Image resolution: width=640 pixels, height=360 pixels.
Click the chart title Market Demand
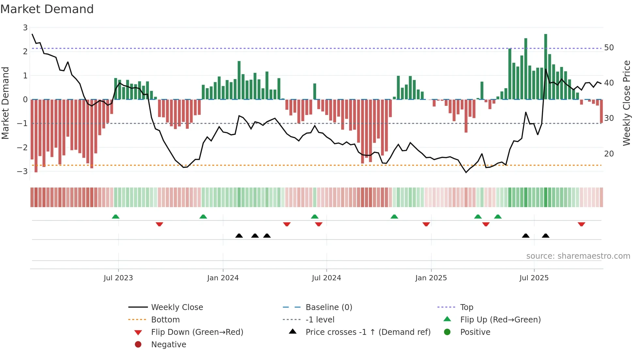point(47,9)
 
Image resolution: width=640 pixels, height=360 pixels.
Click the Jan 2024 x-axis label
point(223,278)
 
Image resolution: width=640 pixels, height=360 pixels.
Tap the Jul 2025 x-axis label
point(534,278)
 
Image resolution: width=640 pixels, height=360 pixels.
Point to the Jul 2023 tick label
point(118,278)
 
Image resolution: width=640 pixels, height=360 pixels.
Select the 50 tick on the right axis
point(609,48)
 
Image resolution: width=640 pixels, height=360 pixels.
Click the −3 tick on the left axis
point(23,171)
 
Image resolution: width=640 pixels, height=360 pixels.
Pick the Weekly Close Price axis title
point(626,103)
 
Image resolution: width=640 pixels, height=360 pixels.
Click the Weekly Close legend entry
point(177,307)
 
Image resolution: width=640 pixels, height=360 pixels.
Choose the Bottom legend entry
point(165,320)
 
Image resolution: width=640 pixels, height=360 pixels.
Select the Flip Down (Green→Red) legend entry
point(197,332)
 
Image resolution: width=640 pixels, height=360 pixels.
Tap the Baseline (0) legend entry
point(328,307)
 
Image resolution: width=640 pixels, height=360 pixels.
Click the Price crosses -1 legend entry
point(368,332)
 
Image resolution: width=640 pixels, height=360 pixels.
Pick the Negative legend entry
point(168,345)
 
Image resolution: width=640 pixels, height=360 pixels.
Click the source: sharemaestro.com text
point(578,256)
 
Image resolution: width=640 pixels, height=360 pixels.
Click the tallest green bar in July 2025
point(546,65)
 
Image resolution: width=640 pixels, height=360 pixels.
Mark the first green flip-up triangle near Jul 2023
point(116,217)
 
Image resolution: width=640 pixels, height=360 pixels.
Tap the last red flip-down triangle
point(581,224)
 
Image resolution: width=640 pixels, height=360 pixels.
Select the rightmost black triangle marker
point(546,236)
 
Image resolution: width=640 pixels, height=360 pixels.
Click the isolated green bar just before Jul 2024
point(315,91)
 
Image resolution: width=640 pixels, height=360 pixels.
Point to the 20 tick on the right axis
point(609,154)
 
